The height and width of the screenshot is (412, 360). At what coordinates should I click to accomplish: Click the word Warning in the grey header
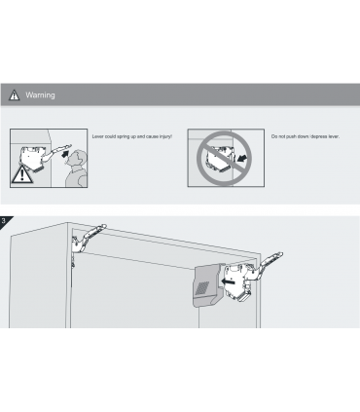click(x=40, y=95)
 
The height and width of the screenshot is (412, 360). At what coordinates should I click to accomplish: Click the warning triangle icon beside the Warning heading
click(x=14, y=94)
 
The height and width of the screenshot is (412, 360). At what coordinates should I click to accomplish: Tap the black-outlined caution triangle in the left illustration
click(x=21, y=174)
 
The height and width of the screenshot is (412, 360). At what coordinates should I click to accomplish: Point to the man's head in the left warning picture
click(x=78, y=159)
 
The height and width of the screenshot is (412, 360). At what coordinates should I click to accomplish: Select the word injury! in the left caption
click(x=165, y=136)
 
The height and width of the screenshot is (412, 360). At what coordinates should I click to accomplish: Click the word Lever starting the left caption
click(x=98, y=136)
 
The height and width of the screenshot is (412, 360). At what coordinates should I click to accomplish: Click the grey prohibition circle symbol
click(x=224, y=158)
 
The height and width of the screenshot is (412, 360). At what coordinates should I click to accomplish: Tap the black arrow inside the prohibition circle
click(x=242, y=158)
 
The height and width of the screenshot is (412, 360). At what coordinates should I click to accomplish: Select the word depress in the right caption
click(x=319, y=136)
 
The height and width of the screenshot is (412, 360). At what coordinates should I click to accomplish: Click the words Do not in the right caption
click(x=278, y=136)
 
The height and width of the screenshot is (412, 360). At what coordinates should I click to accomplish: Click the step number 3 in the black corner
click(x=4, y=221)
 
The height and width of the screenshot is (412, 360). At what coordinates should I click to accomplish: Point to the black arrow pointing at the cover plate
click(x=228, y=281)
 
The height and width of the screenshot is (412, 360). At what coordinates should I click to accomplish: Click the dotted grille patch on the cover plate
click(x=202, y=288)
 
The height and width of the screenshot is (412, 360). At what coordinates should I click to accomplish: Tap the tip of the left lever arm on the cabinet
click(x=104, y=225)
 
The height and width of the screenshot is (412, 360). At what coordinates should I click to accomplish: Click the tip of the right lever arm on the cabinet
click(x=281, y=254)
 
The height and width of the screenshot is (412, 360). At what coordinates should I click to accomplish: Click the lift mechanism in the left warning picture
click(x=33, y=159)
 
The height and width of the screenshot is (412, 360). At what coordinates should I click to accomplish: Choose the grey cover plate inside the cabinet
click(x=209, y=284)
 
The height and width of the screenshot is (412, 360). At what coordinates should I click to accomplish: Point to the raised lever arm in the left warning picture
click(x=56, y=152)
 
